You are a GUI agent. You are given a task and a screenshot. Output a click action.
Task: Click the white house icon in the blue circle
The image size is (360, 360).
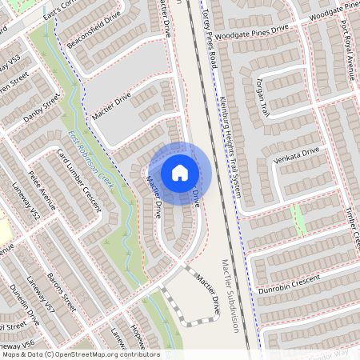180,172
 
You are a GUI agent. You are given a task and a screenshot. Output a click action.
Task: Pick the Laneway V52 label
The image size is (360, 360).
25,204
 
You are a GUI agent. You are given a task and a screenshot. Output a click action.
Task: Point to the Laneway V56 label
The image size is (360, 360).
19,343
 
